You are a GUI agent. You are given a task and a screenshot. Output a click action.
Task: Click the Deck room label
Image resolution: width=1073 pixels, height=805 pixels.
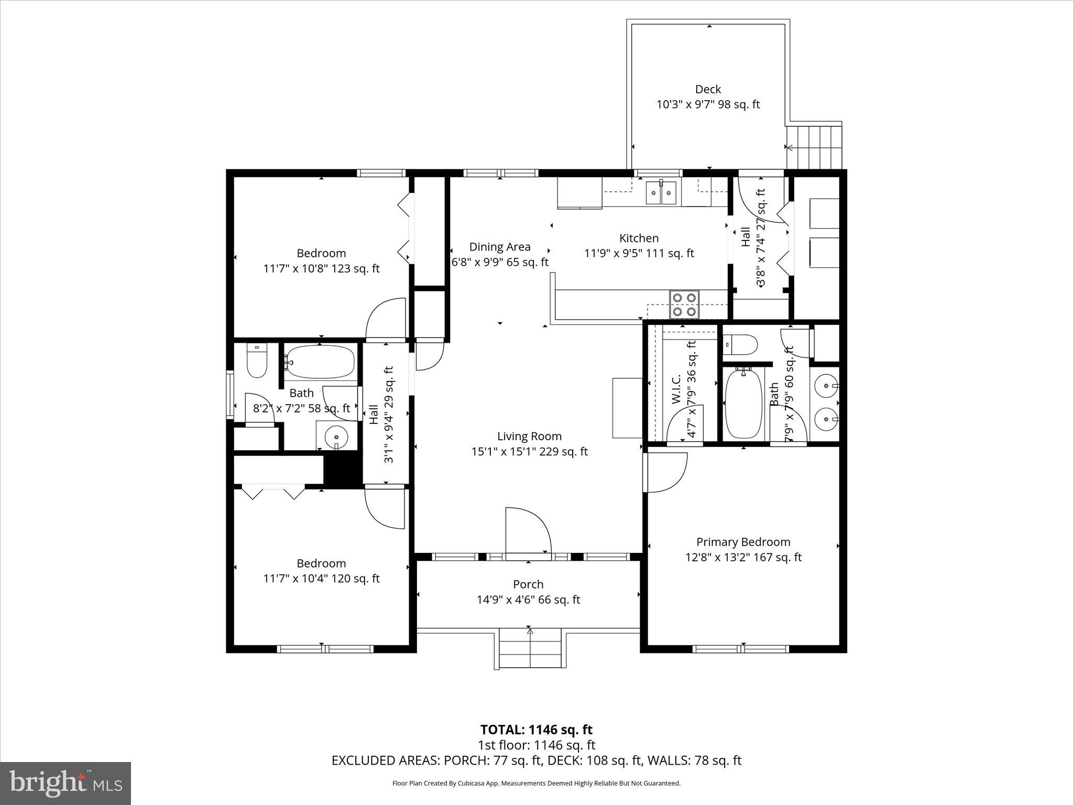point(708,90)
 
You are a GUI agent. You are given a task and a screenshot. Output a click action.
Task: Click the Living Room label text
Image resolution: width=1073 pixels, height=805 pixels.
point(529,437)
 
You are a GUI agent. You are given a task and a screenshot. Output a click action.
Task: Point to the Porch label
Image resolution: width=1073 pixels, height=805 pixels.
point(528,584)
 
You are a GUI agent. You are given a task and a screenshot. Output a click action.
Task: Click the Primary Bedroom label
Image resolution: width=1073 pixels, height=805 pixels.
point(743,542)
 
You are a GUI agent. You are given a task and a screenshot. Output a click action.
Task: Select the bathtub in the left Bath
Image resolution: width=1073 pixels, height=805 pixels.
point(320,362)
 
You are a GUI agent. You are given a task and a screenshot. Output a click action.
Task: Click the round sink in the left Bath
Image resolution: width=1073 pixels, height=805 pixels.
point(336,436)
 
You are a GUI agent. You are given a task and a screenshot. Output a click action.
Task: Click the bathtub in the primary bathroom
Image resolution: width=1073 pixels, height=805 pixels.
point(743,404)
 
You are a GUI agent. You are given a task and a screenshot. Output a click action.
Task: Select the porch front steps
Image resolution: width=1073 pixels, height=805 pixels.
point(530,650)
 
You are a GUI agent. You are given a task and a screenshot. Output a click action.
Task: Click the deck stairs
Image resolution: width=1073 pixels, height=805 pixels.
point(814,146)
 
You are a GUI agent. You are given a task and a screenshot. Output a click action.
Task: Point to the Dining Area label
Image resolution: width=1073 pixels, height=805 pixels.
point(499,247)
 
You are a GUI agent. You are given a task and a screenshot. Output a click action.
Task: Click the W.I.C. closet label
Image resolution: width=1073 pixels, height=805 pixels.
point(676,389)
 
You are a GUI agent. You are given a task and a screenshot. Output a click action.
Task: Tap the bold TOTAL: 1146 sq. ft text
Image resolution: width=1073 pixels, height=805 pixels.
point(536,730)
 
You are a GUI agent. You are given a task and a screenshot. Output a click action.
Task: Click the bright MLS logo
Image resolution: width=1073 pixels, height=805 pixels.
point(65,783)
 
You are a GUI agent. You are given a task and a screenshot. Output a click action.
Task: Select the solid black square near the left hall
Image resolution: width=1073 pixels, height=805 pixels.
point(343,470)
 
